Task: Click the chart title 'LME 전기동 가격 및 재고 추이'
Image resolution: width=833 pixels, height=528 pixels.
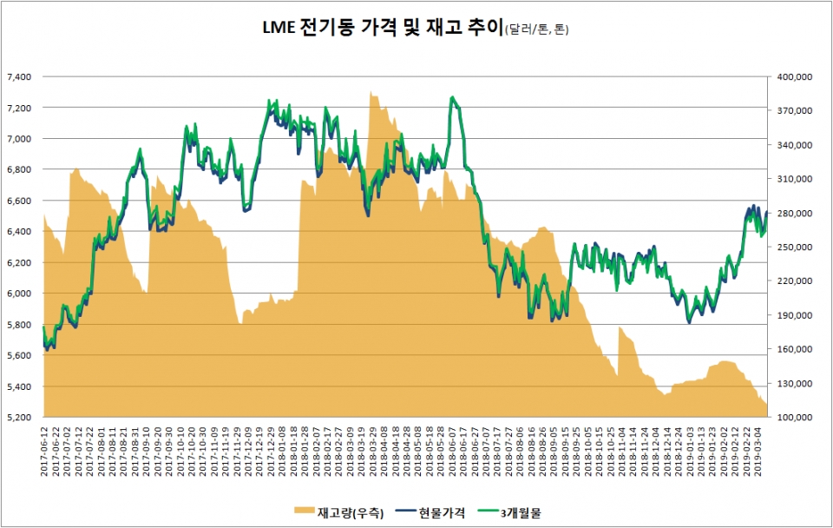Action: click(x=383, y=29)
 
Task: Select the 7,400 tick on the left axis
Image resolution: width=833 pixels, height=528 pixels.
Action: click(x=19, y=76)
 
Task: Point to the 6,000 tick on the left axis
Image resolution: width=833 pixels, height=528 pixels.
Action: click(x=19, y=294)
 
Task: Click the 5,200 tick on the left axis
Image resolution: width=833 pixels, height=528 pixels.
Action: click(x=19, y=418)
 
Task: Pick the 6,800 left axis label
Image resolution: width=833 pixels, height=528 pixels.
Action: click(x=19, y=169)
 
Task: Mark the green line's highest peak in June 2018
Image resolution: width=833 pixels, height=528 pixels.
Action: click(x=452, y=97)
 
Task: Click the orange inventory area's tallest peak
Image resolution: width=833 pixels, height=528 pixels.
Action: click(x=371, y=90)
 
